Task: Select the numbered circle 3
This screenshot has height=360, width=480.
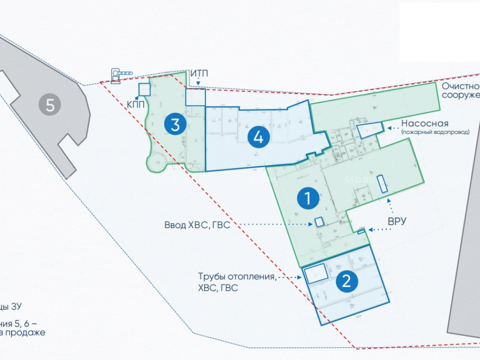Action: pos(175,125)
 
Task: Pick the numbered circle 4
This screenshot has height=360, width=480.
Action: pos(258,138)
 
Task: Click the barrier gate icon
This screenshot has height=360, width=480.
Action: pos(121,73)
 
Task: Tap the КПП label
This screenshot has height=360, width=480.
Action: pos(135,103)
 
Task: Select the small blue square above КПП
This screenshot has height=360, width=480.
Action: pos(144,89)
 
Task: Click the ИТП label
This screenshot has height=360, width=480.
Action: pos(199,73)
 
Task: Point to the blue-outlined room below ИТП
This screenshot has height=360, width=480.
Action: pos(195,97)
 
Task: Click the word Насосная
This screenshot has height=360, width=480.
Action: pos(425,123)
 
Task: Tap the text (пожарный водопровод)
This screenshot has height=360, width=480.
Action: pos(435,132)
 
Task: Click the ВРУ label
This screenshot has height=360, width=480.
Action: pos(397,221)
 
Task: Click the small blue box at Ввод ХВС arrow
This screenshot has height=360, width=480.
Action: pos(319,222)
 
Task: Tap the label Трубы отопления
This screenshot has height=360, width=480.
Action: pos(237,277)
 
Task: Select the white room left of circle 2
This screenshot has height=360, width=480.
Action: pos(316,274)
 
